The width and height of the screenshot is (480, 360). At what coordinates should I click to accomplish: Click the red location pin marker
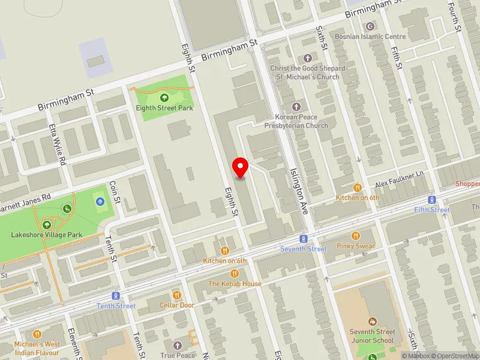tap(241, 167)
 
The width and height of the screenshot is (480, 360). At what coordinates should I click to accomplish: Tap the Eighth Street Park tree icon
tap(164, 98)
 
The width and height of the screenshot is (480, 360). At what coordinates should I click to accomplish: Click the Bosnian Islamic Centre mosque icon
tap(370, 26)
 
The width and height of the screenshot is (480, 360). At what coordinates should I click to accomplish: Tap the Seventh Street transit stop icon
tap(304, 238)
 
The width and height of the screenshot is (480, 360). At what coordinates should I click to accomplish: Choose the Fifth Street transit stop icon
tap(431, 199)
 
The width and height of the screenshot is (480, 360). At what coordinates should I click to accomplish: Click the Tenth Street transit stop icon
tap(116, 295)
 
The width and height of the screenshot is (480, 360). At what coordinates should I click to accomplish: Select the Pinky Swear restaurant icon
tap(356, 236)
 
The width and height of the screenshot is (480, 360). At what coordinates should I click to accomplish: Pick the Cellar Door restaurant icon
tap(176, 295)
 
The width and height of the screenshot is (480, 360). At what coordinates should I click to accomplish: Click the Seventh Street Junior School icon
tap(372, 322)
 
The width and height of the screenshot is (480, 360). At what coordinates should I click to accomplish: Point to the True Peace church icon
tap(177, 345)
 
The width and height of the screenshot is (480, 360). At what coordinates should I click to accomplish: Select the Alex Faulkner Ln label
tap(399, 179)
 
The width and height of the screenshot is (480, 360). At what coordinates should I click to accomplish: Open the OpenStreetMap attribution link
tap(452, 356)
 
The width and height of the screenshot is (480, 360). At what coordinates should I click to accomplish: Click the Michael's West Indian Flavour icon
tap(37, 333)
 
